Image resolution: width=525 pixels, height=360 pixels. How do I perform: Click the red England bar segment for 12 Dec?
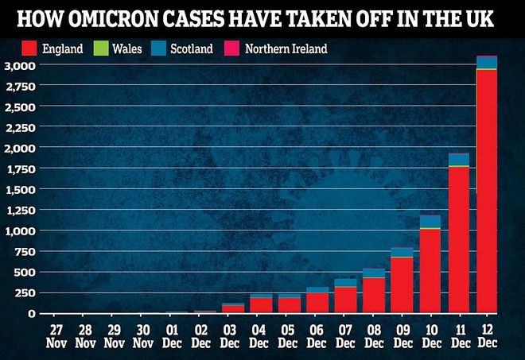487,191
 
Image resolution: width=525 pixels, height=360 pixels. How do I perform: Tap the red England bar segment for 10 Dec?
430,270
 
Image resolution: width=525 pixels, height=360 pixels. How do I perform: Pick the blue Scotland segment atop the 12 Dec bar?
487,62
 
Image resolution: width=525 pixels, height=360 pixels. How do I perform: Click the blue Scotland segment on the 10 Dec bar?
430,221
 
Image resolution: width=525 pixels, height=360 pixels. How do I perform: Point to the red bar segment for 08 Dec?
373,295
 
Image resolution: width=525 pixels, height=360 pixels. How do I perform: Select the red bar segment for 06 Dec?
317,303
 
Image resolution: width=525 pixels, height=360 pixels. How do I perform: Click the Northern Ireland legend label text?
286,49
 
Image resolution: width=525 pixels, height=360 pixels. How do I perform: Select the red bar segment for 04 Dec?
260,305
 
